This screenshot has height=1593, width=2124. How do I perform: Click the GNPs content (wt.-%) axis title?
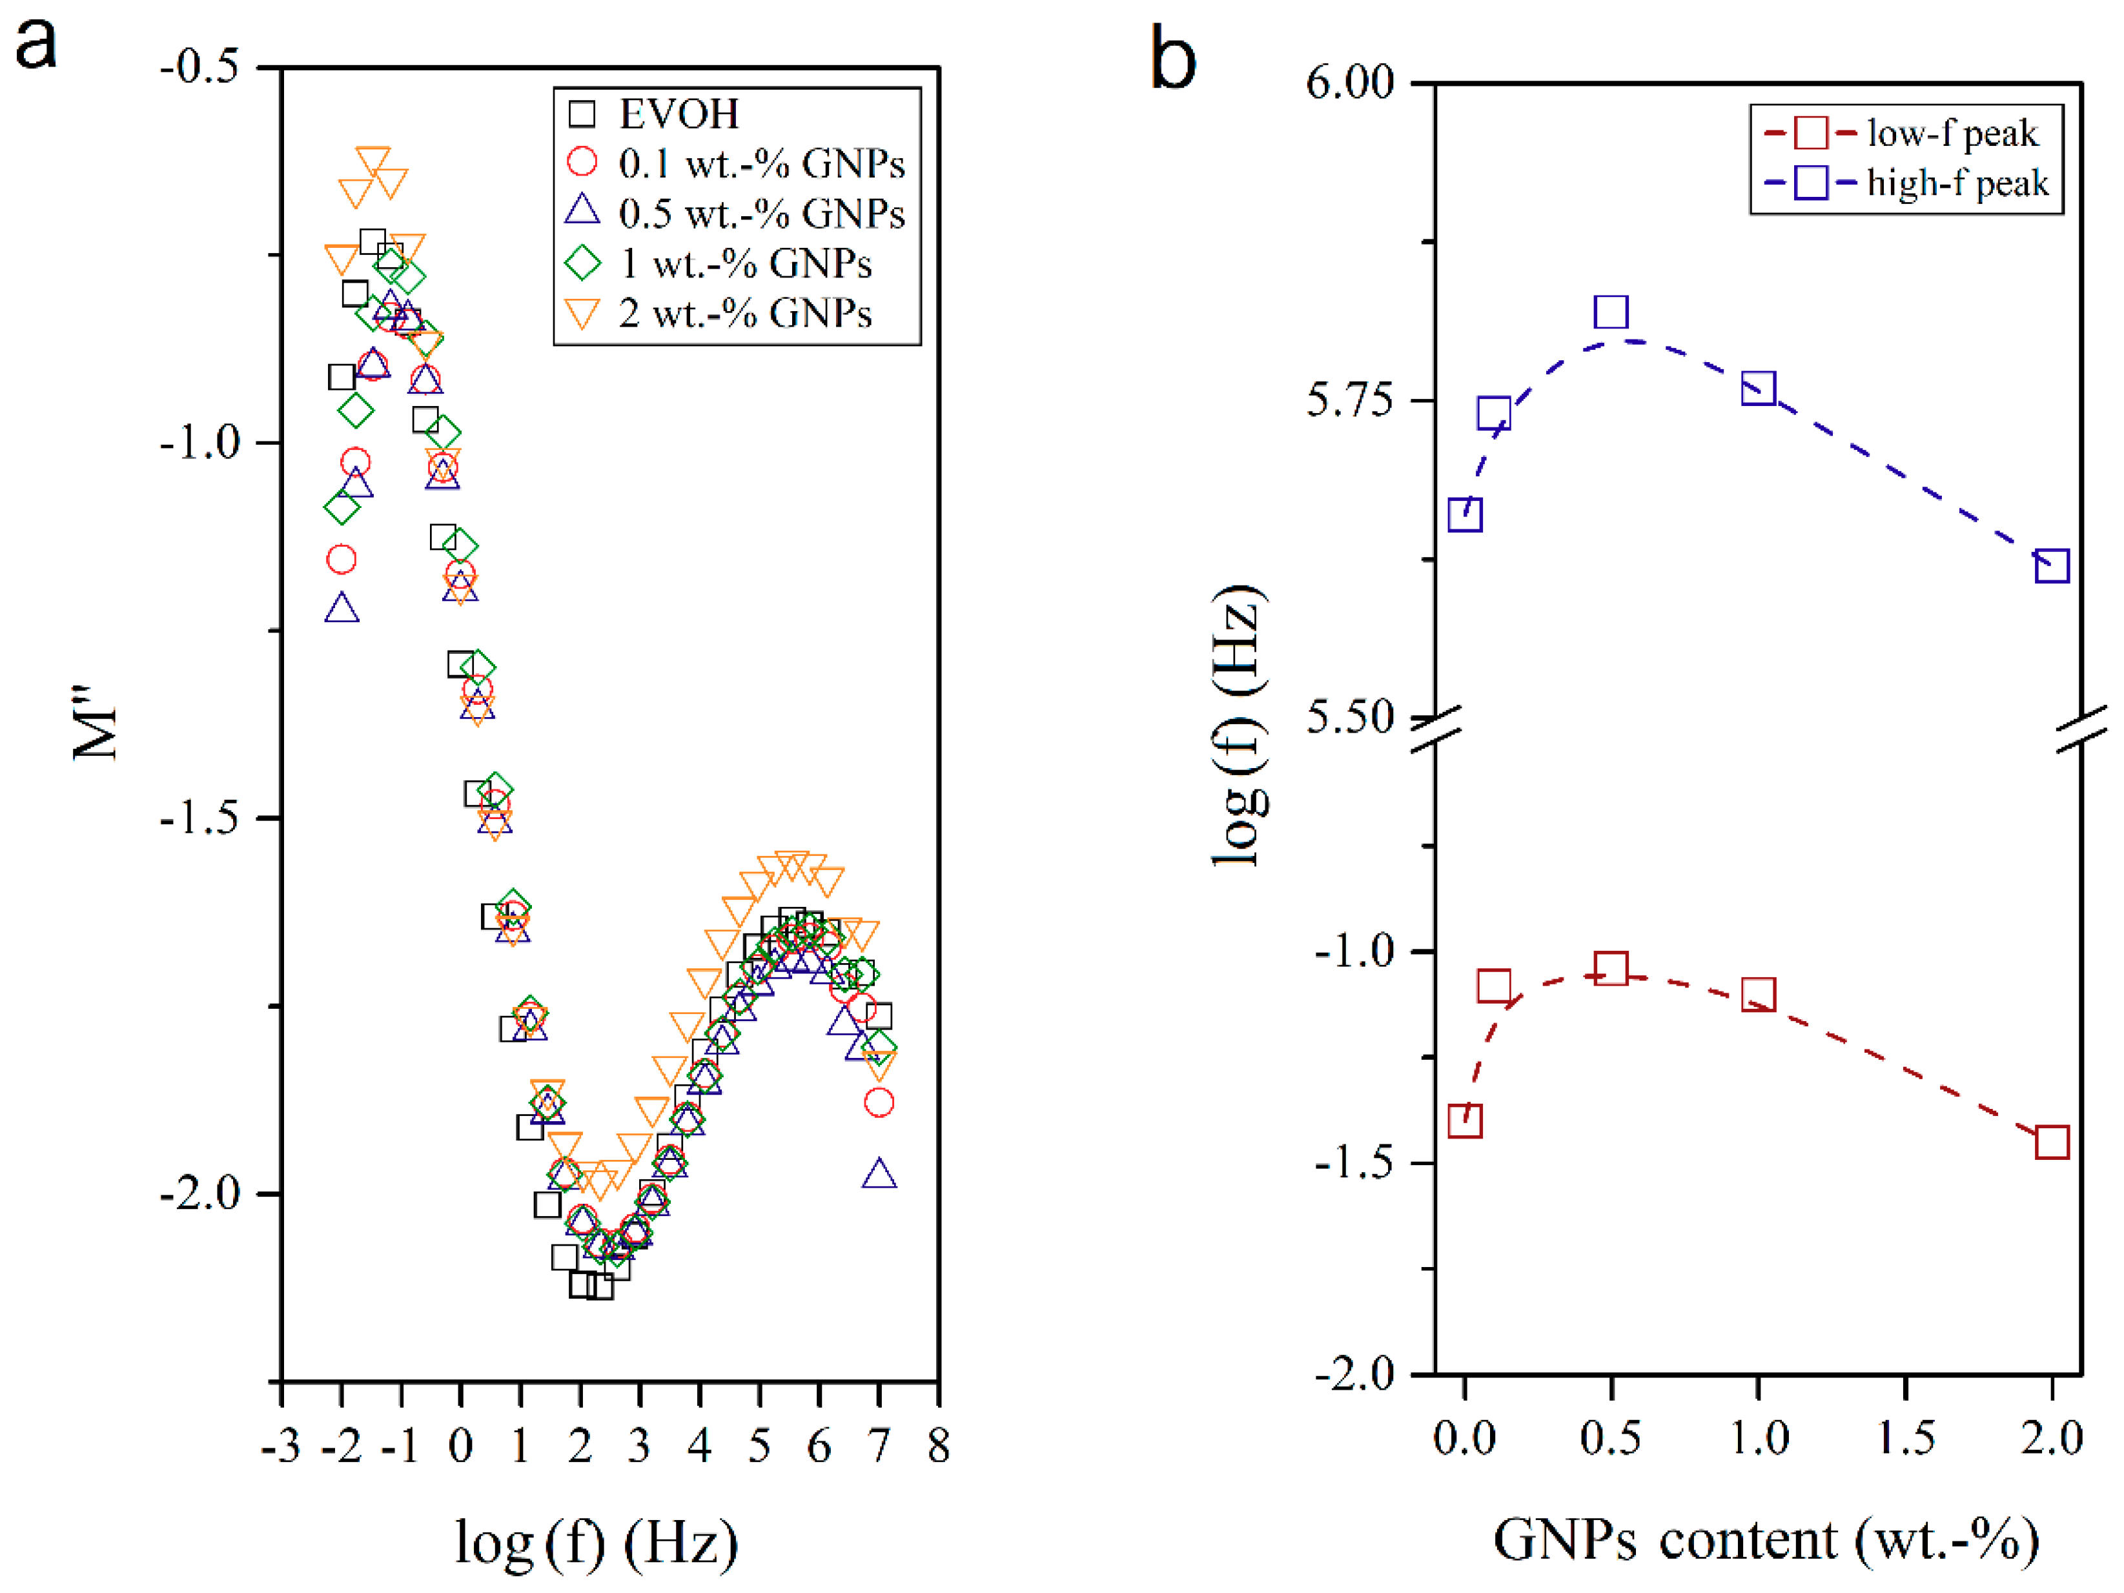click(1766, 1539)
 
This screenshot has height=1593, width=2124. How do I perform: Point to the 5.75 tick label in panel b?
click(1349, 400)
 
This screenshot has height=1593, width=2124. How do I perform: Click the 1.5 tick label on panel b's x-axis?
click(1905, 1437)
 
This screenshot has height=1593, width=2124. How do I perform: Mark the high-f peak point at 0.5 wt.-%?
click(1611, 312)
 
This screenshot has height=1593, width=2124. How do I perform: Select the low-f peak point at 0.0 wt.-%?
click(1464, 1121)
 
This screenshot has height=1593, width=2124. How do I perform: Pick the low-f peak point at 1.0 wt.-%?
click(1758, 995)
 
